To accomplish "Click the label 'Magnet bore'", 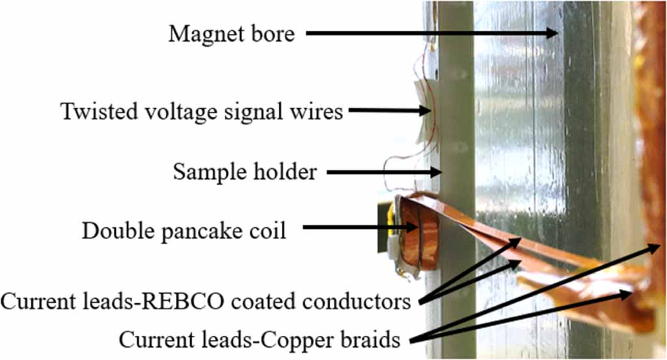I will pos(232,33).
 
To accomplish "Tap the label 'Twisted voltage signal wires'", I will pos(202,111).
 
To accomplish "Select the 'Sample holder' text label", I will pos(245,172).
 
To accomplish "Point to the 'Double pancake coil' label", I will pos(184,230).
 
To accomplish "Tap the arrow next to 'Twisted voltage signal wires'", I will pos(388,111).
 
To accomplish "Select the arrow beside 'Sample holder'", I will pos(384,173).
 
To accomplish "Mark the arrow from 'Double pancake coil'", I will pos(362,228).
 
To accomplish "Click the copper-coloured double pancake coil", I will pos(417,234).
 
